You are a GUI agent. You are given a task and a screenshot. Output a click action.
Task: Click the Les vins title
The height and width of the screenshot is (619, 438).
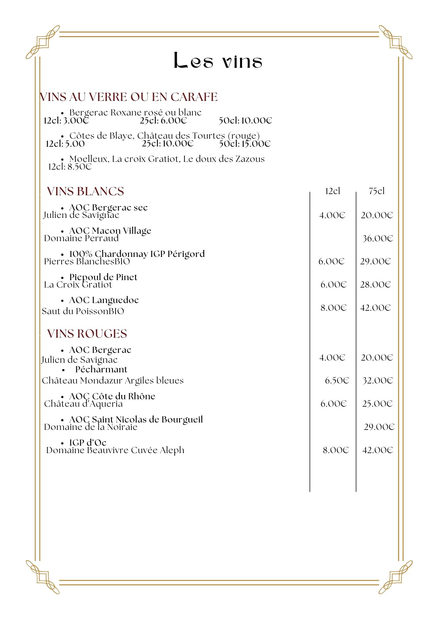[218, 61]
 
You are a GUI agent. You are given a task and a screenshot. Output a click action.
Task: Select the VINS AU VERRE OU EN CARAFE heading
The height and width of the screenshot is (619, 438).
[129, 97]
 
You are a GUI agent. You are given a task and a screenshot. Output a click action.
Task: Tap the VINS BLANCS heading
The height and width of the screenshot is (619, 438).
[85, 192]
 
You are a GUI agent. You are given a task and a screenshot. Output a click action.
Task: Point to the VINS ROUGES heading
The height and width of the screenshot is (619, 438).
[87, 334]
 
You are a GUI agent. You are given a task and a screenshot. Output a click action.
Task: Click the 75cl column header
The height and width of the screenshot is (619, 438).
[377, 191]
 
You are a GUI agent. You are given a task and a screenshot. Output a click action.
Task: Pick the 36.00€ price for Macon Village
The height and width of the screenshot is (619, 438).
[378, 239]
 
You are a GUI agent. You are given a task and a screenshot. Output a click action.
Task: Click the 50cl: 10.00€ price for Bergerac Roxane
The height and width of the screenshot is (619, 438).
[245, 120]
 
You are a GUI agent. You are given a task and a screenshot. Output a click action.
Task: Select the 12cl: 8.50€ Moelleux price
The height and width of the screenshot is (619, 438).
[70, 167]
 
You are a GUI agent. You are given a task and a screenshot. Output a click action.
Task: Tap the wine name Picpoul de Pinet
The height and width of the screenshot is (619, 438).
[103, 277]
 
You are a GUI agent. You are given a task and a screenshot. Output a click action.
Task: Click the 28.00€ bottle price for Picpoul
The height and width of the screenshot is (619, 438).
[375, 285]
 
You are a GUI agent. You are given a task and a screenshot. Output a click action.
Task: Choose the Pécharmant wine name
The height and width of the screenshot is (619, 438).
[101, 370]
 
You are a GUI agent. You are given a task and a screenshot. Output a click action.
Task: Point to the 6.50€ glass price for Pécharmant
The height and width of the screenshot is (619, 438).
[337, 381]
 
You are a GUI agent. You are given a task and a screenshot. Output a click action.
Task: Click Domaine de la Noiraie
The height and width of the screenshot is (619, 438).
[91, 427]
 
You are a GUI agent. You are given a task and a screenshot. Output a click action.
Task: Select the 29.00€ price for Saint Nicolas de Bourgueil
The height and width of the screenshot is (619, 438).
[379, 427]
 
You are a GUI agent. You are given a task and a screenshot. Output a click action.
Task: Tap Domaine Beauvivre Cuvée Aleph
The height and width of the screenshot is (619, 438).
[115, 450]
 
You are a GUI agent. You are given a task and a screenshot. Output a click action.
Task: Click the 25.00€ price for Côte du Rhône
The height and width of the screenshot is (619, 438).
[377, 404]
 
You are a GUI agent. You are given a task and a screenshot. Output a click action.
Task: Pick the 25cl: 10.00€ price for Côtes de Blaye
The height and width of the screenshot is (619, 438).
[168, 144]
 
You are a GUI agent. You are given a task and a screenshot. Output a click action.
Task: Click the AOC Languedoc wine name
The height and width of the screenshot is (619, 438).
[104, 300]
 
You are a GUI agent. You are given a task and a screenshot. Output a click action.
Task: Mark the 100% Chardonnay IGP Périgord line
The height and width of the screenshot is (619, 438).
[137, 254]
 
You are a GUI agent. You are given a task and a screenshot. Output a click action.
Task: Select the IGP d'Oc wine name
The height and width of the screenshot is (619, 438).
[88, 443]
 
